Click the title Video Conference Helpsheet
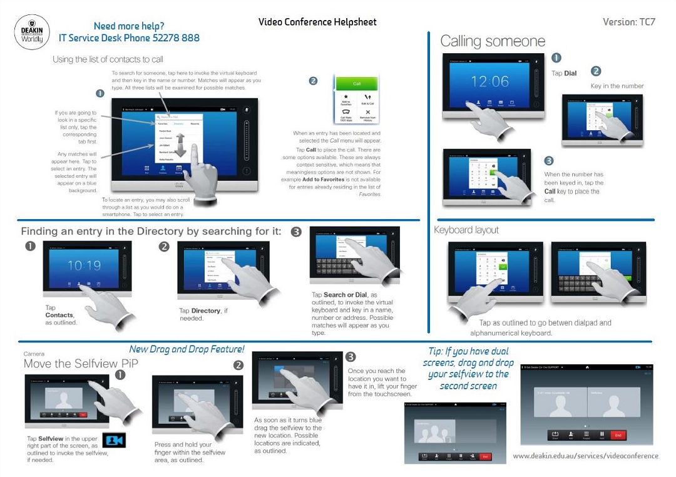pos(317,23)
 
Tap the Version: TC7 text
pos(629,22)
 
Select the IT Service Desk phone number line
pos(129,38)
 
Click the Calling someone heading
pos(493,42)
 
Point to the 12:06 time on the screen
pos(490,81)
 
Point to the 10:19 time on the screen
pos(84,265)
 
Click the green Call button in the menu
pos(357,84)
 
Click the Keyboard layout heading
pos(466,230)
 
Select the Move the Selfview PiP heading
pos(81,364)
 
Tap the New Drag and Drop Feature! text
pos(187,349)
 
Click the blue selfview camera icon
pos(114,440)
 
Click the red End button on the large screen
pos(617,434)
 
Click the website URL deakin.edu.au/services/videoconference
pos(585,456)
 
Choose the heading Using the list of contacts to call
pos(108,59)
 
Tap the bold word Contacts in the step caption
pos(59,315)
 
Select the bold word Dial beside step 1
pos(570,73)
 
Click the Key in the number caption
pos(617,86)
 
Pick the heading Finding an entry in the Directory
pos(151,232)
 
